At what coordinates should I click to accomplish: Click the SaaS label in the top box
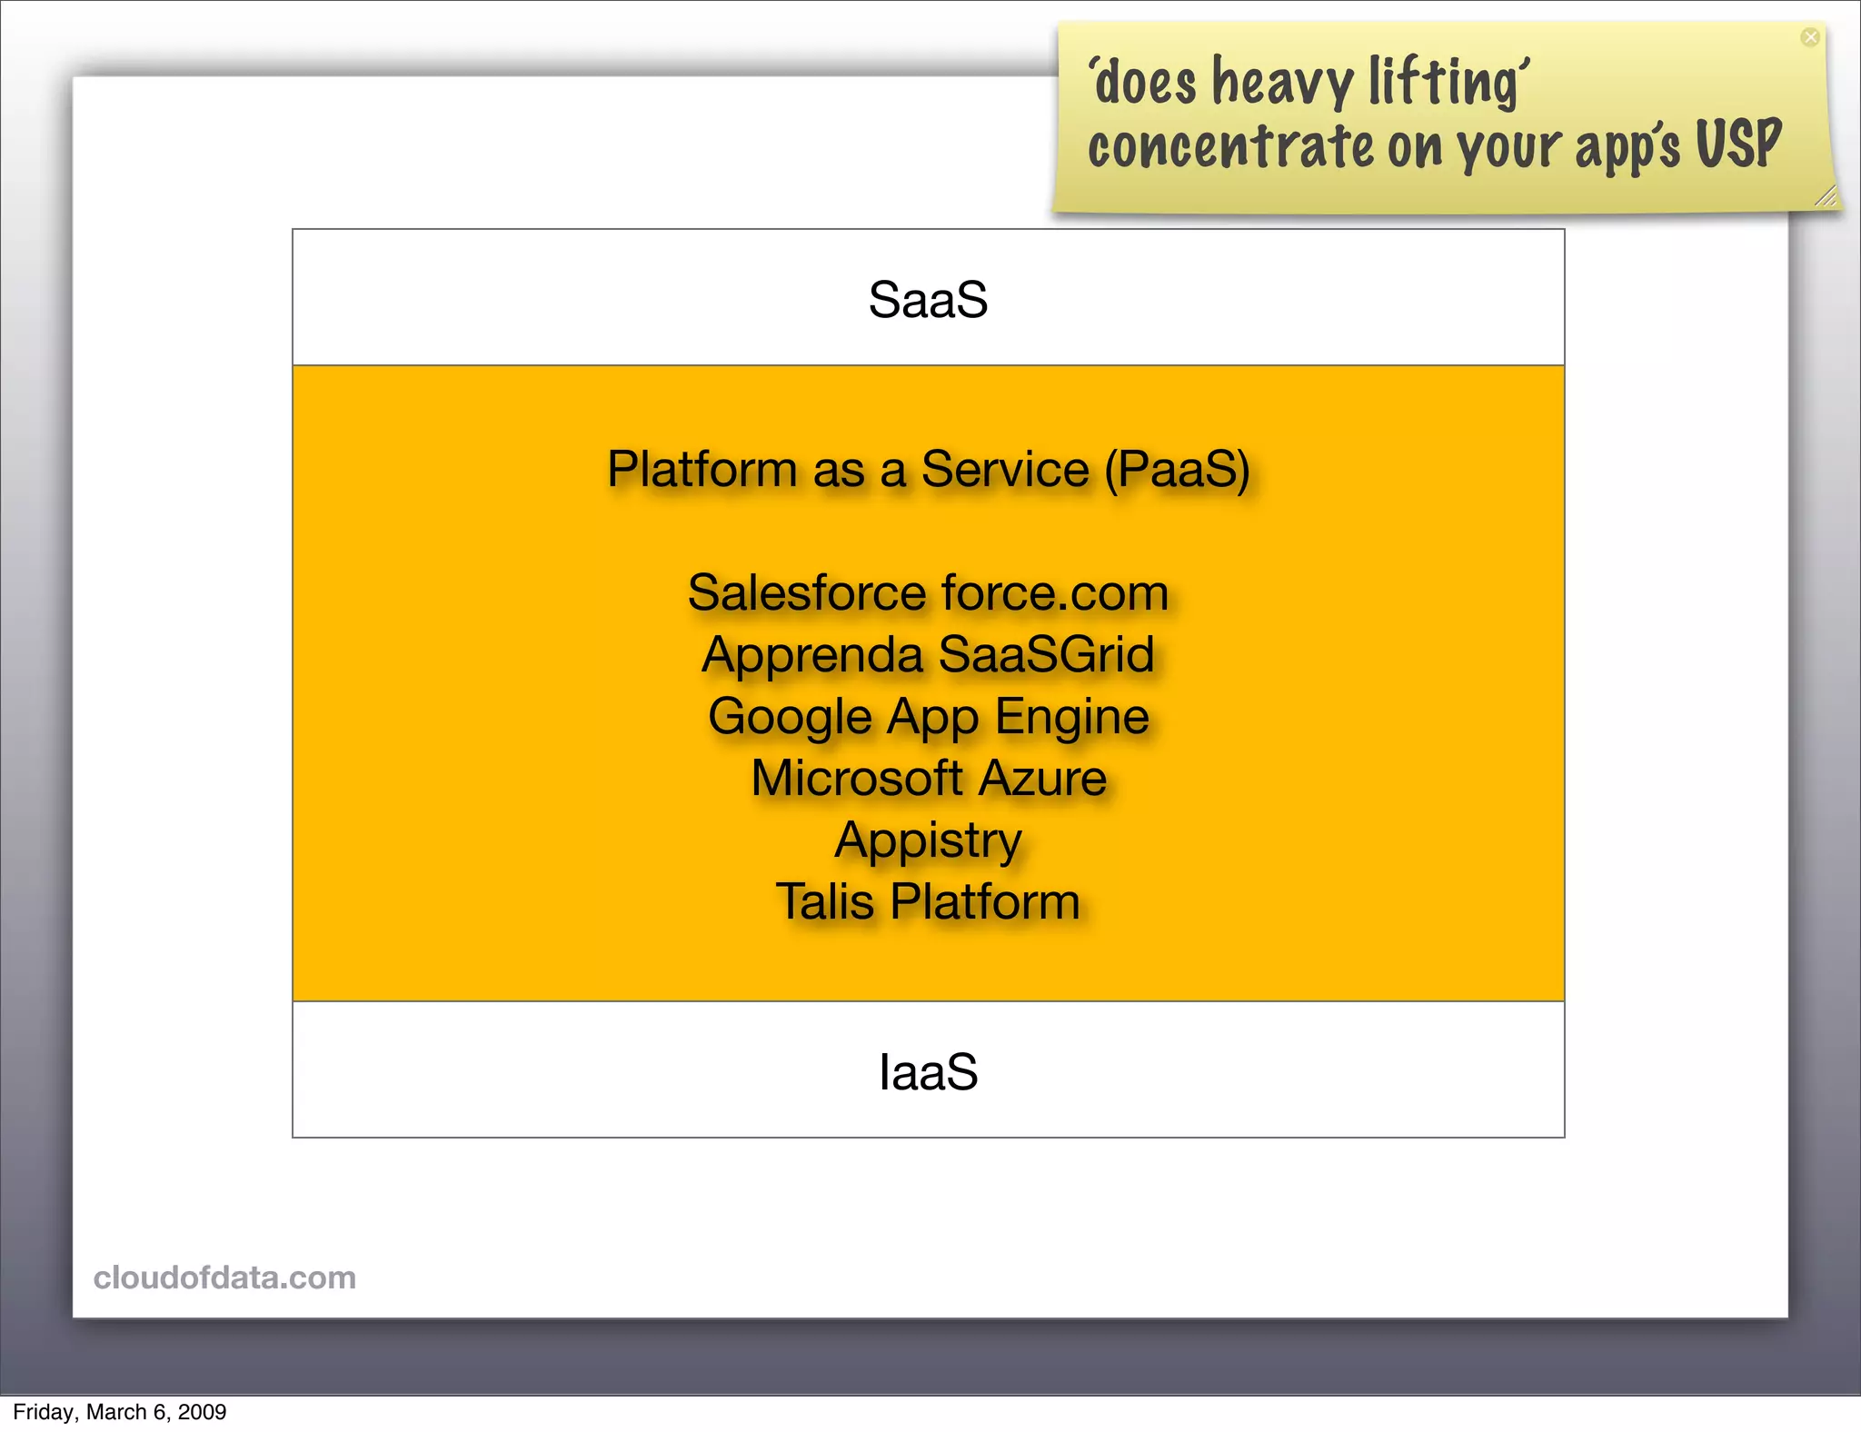(x=928, y=300)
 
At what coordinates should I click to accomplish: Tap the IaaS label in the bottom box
(x=928, y=1072)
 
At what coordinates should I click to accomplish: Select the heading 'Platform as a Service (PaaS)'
(x=928, y=470)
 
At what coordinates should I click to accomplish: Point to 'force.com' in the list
(x=1055, y=593)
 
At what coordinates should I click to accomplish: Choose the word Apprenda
(x=812, y=656)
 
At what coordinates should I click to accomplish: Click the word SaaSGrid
(x=1046, y=654)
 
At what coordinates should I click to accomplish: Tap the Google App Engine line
(x=928, y=717)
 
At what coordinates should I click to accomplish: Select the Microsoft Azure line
(x=928, y=779)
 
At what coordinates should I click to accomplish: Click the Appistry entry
(x=928, y=840)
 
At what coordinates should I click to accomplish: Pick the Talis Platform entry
(x=928, y=902)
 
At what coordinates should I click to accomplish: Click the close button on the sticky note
(x=1810, y=37)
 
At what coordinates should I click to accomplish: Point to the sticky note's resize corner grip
(x=1825, y=196)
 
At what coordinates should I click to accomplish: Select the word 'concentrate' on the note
(x=1231, y=147)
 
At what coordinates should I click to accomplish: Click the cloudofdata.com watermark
(x=224, y=1278)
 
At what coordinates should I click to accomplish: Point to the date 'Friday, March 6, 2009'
(x=119, y=1412)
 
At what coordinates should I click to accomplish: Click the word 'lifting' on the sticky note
(x=1445, y=84)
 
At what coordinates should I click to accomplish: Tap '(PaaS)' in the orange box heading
(x=1178, y=470)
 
